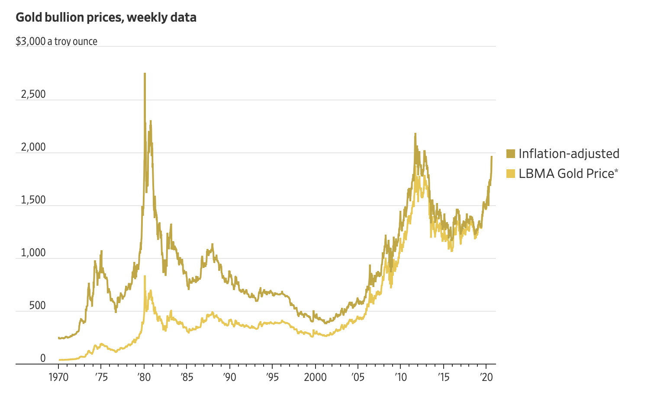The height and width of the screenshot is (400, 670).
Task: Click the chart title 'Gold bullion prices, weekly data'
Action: (x=106, y=17)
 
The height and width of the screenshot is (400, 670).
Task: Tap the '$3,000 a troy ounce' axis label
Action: (x=56, y=41)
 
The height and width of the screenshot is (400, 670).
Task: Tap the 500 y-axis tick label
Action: (x=37, y=306)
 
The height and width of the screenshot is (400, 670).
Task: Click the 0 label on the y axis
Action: (x=43, y=358)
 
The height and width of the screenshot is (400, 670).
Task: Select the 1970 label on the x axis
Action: (x=58, y=377)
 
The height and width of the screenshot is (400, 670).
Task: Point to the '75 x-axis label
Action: (x=100, y=377)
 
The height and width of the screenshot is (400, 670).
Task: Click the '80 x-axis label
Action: (x=144, y=377)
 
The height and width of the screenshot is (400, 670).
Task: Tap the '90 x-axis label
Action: (x=229, y=377)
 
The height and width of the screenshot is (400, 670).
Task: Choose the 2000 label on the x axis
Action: (x=315, y=377)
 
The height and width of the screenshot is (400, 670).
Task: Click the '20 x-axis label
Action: (x=486, y=377)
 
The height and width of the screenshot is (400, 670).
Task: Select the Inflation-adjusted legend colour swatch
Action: (x=511, y=154)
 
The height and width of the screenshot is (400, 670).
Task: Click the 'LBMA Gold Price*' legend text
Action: (x=568, y=174)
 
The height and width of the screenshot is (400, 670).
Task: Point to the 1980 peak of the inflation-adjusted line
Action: (x=145, y=74)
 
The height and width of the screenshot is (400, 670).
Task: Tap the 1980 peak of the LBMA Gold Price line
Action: (x=145, y=276)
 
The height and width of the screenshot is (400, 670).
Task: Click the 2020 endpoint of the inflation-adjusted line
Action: (x=491, y=157)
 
